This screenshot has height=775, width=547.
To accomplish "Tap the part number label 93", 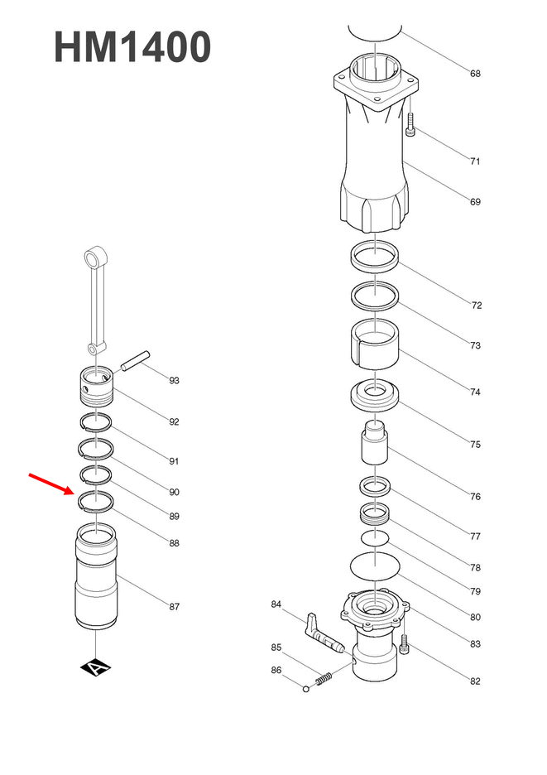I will [174, 381].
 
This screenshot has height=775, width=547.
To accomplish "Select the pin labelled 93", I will [135, 362].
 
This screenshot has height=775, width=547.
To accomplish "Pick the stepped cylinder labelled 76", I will [376, 445].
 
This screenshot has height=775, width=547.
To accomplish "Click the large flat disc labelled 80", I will [376, 567].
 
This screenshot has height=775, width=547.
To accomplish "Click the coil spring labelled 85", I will [325, 678].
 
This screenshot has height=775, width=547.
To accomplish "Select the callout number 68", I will [475, 74].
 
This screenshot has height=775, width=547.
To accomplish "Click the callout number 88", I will [174, 544].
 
